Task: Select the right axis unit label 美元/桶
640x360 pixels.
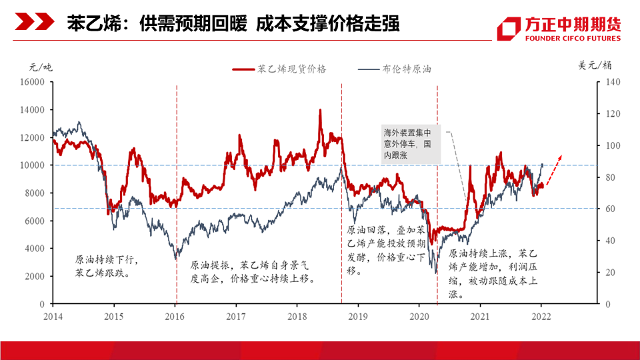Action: (x=595, y=65)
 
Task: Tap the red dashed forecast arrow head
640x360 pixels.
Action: (x=561, y=156)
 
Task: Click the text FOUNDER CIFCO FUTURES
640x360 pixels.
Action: (x=573, y=39)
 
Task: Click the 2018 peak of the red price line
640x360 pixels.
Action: (x=320, y=110)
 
